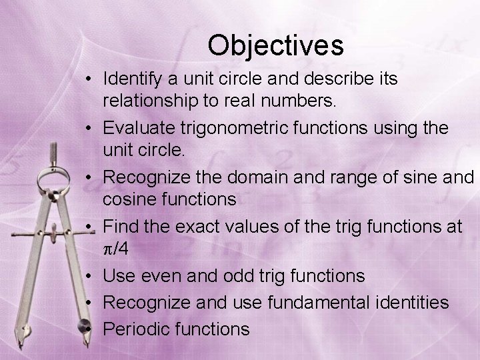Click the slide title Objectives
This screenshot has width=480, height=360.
pyautogui.click(x=275, y=45)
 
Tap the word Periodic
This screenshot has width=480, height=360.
pyautogui.click(x=137, y=328)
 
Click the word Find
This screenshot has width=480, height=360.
pyautogui.click(x=122, y=227)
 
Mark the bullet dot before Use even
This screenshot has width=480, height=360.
pyautogui.click(x=89, y=276)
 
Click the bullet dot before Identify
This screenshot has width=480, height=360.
pyautogui.click(x=89, y=79)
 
